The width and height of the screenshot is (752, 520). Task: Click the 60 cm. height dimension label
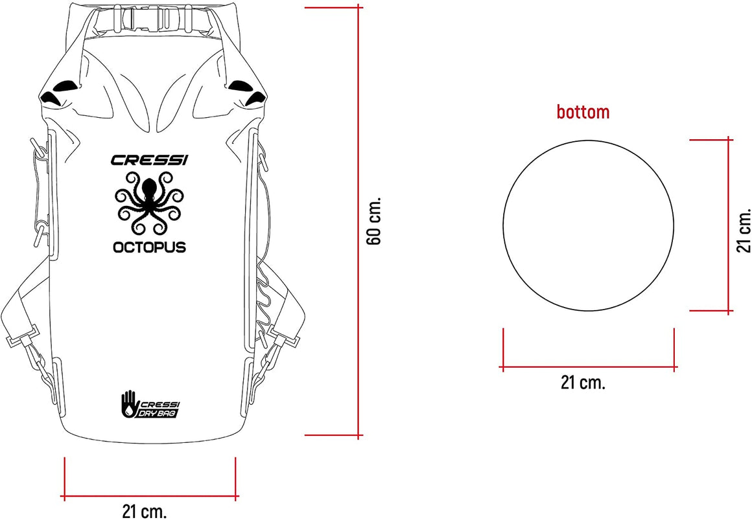374,220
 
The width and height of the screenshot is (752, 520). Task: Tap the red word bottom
583,111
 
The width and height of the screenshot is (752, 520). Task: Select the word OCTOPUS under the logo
149,247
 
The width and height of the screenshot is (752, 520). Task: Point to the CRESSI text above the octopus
150,159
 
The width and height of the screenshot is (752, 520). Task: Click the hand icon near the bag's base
129,404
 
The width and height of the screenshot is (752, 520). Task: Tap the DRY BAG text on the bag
159,413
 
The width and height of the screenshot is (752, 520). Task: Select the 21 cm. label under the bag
145,512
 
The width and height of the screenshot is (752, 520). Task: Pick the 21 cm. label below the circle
583,383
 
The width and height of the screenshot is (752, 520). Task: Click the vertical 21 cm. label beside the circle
744,230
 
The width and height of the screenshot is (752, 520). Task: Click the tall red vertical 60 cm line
358,221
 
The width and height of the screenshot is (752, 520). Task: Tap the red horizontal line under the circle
589,368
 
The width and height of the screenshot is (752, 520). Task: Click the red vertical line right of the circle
729,225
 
